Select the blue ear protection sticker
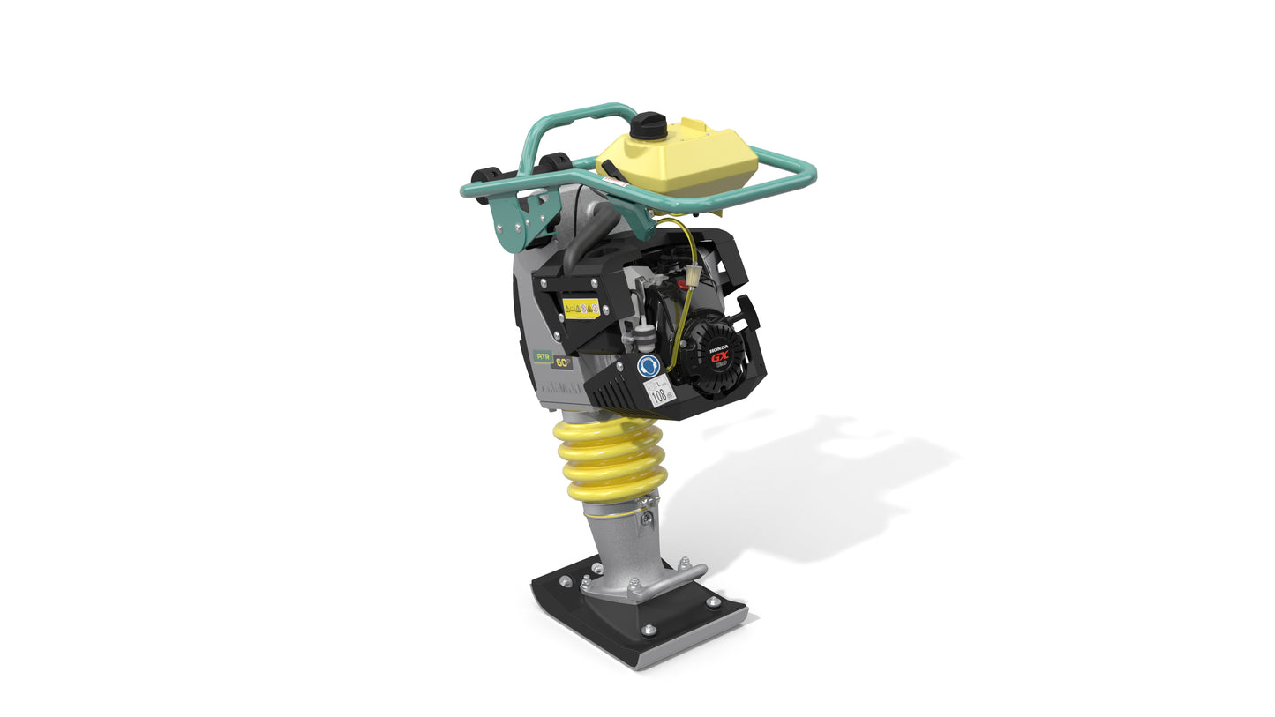[x=649, y=366]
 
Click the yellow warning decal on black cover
[x=581, y=308]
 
